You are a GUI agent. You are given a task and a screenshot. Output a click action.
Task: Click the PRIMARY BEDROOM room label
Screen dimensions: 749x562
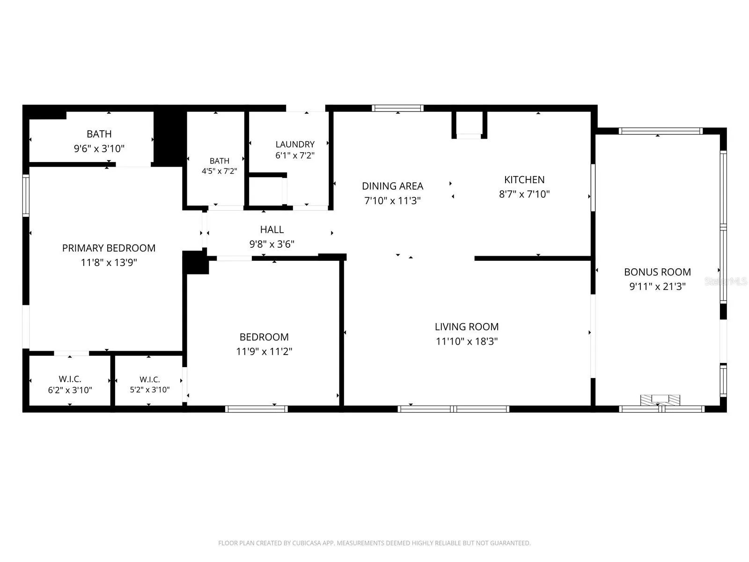click(109, 248)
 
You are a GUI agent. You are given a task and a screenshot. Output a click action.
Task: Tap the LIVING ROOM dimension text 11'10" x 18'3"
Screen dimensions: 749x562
click(466, 341)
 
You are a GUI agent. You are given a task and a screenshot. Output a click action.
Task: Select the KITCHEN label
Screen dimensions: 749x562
click(524, 179)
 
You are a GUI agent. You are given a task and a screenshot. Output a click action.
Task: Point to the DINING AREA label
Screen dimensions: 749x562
click(392, 186)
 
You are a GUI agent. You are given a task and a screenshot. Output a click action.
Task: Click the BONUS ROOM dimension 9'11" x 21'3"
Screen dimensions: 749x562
click(657, 286)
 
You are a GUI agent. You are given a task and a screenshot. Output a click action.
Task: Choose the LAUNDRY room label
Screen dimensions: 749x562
click(295, 144)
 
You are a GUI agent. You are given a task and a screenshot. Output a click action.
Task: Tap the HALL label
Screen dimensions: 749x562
click(272, 229)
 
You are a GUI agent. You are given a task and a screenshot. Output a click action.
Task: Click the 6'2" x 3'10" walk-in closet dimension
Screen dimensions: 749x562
click(70, 390)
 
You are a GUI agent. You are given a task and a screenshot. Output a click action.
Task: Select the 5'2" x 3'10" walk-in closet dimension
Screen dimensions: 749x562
click(149, 390)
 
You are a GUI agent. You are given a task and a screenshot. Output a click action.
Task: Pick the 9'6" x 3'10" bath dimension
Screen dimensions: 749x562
click(99, 148)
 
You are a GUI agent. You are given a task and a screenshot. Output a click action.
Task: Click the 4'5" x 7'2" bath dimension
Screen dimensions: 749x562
click(219, 171)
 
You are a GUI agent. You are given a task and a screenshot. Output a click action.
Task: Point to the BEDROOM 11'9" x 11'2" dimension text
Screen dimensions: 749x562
click(264, 351)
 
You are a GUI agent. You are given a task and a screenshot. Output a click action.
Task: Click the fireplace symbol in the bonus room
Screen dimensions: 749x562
click(660, 400)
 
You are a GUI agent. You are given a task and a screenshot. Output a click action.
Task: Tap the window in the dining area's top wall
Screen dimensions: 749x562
click(397, 108)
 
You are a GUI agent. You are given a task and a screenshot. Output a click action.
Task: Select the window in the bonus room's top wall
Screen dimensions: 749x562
click(660, 131)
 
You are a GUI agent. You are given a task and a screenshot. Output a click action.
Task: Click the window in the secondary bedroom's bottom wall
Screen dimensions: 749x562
click(256, 409)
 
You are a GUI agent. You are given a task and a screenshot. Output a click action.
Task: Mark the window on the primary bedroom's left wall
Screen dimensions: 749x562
click(26, 195)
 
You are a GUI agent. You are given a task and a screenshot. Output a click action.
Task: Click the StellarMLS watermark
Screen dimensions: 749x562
click(726, 281)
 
